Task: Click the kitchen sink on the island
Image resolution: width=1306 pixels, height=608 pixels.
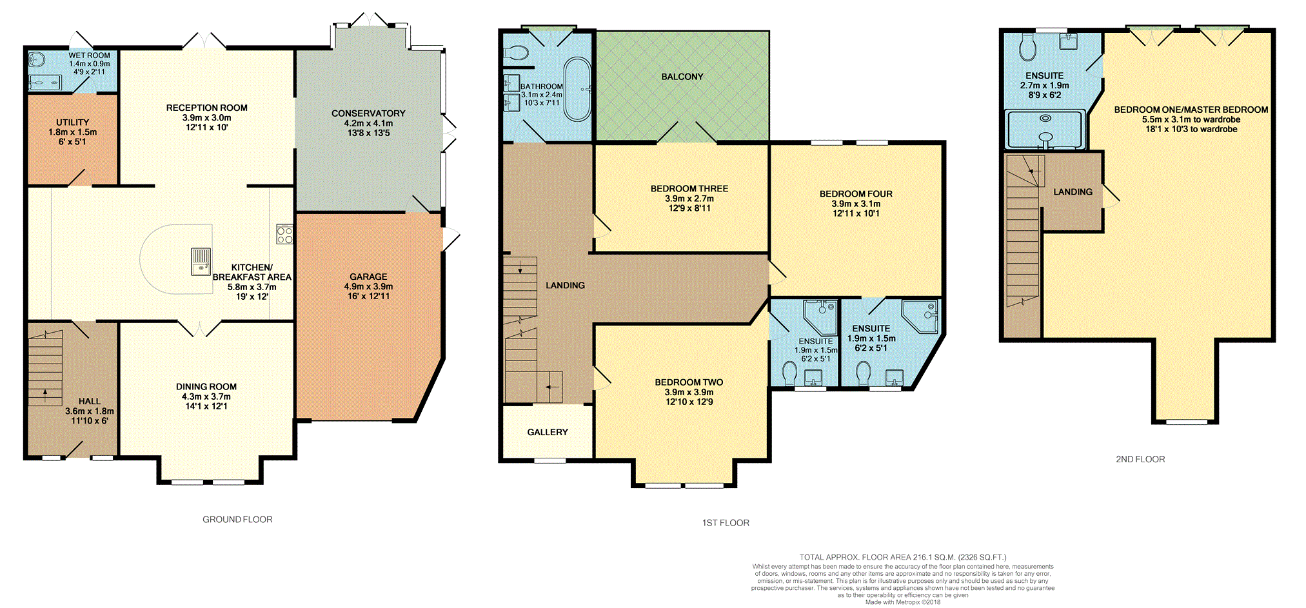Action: [201, 262]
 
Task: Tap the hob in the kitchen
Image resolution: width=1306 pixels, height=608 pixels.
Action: [284, 234]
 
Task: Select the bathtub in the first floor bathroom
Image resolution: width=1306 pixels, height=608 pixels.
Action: [577, 90]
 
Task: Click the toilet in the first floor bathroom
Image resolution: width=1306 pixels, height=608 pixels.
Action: [516, 52]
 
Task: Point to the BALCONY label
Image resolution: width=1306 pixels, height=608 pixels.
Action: [682, 77]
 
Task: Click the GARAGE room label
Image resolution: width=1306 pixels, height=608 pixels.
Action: [368, 277]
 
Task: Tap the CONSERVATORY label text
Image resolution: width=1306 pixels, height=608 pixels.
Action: [368, 113]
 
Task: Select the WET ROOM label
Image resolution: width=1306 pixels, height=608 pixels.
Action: [90, 55]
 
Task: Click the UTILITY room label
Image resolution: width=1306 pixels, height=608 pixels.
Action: [73, 123]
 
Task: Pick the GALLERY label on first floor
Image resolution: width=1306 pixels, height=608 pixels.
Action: [548, 432]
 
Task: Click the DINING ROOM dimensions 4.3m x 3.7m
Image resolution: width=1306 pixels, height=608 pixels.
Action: [206, 397]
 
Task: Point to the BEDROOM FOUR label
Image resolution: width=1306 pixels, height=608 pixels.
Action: [856, 194]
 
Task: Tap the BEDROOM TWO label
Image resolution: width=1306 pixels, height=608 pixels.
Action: [689, 382]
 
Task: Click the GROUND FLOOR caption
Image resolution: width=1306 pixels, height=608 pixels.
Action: [237, 519]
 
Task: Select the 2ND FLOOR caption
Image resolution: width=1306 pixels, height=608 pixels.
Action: [1140, 459]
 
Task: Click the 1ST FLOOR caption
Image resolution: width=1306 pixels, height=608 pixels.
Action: [726, 523]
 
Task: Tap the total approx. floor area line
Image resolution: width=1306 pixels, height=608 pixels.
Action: [903, 557]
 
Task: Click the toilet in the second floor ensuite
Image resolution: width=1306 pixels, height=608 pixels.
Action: [1027, 46]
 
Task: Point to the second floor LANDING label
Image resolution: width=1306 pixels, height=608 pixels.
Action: [1073, 191]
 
